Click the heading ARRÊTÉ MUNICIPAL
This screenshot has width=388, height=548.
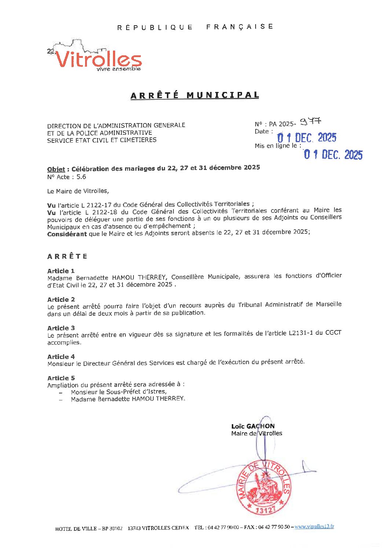point(195,95)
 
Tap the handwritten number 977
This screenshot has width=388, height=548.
point(310,121)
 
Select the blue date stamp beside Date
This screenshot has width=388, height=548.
point(307,138)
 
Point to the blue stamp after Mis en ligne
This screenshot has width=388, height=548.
point(333,155)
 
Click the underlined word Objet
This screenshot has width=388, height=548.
point(56,169)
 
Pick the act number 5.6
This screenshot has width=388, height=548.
point(81,177)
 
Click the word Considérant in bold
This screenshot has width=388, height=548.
point(67,234)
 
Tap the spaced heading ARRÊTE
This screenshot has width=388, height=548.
point(67,256)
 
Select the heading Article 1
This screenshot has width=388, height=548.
point(61,271)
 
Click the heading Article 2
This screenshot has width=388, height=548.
point(61,300)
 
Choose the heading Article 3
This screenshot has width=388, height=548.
point(61,328)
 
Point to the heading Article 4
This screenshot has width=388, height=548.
point(61,357)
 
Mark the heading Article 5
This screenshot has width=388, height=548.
point(61,378)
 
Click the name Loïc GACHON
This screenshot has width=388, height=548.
point(253,426)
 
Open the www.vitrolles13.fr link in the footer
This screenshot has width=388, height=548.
point(314,526)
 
